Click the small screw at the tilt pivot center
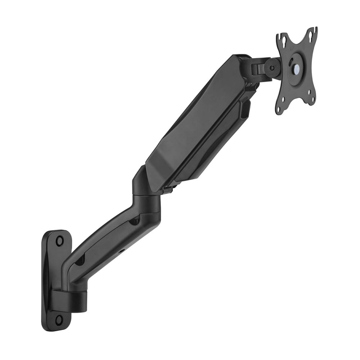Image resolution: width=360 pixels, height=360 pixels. coord(272,68)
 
